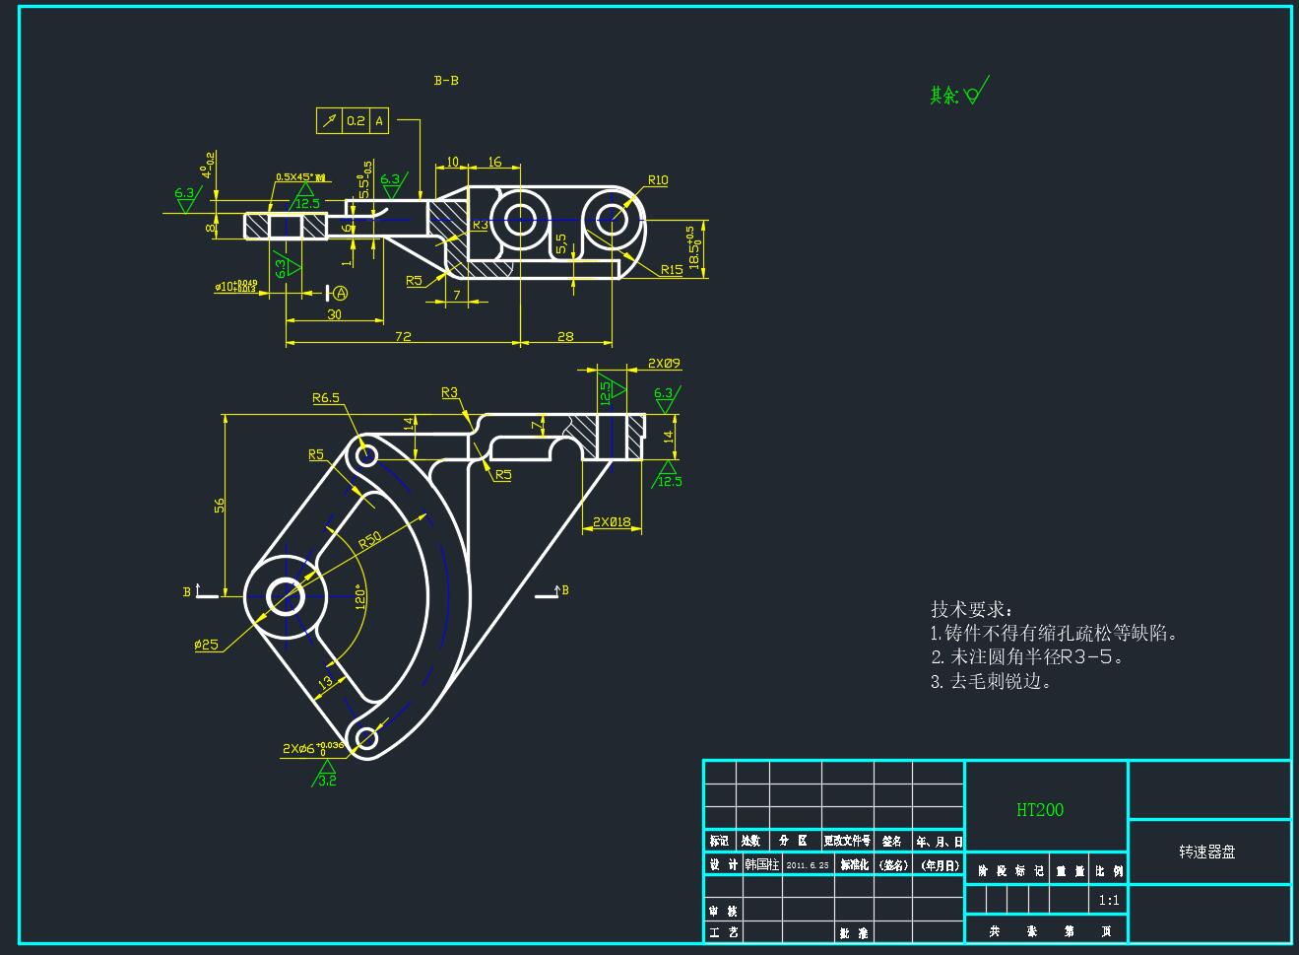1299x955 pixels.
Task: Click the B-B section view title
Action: (446, 81)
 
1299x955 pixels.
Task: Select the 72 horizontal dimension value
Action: (403, 336)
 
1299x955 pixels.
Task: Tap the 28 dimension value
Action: (565, 336)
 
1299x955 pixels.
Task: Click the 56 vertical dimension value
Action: (220, 505)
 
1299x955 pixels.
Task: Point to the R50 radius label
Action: (370, 540)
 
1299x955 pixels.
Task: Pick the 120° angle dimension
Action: (359, 597)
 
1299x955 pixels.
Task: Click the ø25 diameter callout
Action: (207, 645)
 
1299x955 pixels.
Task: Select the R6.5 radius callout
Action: (326, 398)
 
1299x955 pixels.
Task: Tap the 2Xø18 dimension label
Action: (611, 521)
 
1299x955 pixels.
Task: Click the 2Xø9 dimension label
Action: (664, 364)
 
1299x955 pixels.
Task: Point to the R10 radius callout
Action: (658, 180)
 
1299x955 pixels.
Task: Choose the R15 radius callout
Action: (672, 270)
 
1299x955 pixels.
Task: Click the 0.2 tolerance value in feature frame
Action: (356, 121)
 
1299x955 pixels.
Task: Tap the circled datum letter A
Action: (341, 293)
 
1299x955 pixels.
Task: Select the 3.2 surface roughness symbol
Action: (326, 780)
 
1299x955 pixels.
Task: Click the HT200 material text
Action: (1040, 810)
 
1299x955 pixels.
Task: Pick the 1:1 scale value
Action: (1109, 900)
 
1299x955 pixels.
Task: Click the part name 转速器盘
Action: (1207, 852)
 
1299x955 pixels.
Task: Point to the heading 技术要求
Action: (970, 609)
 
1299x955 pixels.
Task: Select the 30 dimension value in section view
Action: (335, 314)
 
